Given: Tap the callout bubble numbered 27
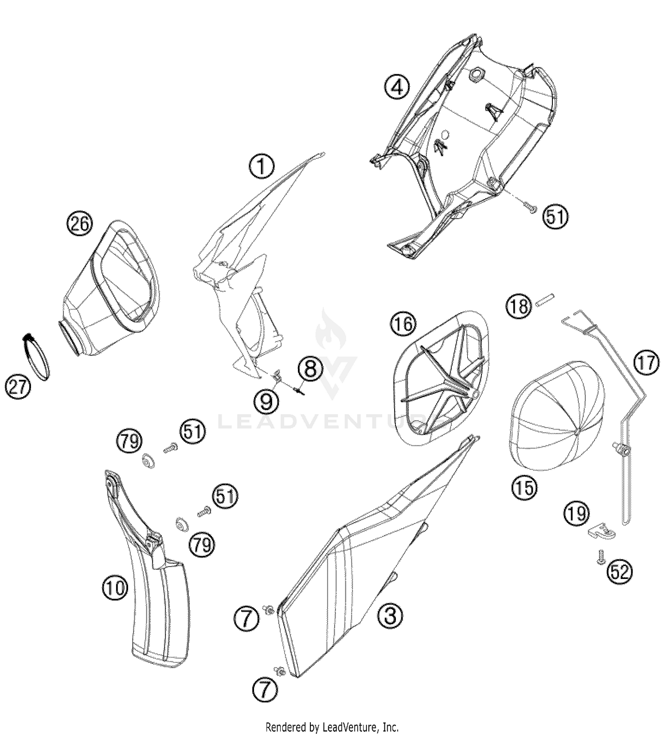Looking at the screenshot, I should click(19, 387).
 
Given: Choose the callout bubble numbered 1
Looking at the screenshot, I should click(262, 166).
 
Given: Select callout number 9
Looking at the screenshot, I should click(266, 402).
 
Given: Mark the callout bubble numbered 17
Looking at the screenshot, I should click(646, 363).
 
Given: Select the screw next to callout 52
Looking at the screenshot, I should click(599, 557).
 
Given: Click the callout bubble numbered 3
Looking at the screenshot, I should click(390, 616).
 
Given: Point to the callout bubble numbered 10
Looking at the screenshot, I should click(115, 588).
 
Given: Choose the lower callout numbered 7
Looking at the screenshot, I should click(265, 690).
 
